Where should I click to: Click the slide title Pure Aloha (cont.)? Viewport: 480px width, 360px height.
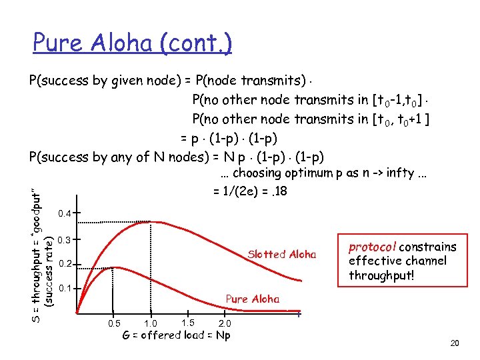132,43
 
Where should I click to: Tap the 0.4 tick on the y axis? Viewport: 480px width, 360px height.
65,214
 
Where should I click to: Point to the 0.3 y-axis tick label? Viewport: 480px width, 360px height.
65,240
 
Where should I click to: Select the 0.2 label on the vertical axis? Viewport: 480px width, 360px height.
65,265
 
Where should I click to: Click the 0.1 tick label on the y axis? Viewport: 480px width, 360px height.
65,289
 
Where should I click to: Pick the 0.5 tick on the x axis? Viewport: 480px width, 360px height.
115,323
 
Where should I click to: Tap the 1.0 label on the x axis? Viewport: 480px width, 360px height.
151,323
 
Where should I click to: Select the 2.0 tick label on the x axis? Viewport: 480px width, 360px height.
225,323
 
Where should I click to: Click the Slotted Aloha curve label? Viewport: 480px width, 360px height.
281,254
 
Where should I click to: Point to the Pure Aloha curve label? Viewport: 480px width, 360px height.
253,299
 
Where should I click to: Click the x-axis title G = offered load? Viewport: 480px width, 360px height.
177,335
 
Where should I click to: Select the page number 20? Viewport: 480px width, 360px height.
455,343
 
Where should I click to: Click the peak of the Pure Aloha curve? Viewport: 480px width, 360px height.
115,268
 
